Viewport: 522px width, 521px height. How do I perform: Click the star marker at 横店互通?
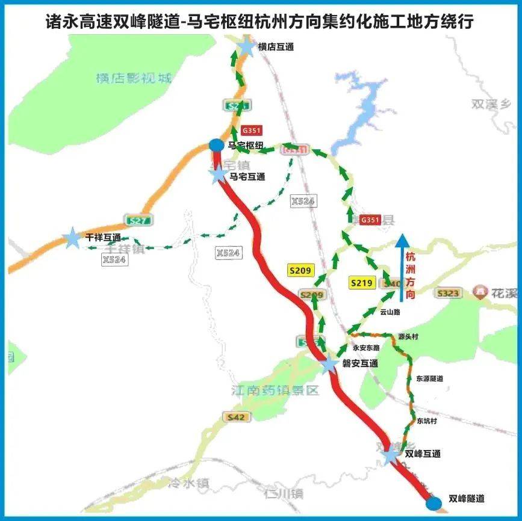point(247,47)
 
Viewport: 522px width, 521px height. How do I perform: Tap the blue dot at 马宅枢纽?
point(216,145)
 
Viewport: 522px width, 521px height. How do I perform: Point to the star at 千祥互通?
point(72,238)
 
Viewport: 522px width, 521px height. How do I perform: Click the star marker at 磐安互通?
point(329,365)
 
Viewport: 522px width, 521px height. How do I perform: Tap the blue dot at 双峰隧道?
point(433,504)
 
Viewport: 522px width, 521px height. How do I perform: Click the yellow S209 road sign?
point(300,271)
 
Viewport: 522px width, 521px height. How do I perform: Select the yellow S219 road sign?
point(362,283)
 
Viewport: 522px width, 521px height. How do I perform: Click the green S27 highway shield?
point(138,220)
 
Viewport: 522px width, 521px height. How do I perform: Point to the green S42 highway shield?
point(236,417)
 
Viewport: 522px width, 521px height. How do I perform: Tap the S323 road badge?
point(449,293)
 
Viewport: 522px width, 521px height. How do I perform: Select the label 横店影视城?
point(134,78)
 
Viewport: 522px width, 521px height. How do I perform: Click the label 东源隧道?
point(429,378)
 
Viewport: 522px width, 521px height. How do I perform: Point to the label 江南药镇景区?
point(275,390)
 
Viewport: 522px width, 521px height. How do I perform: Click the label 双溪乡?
point(491,103)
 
